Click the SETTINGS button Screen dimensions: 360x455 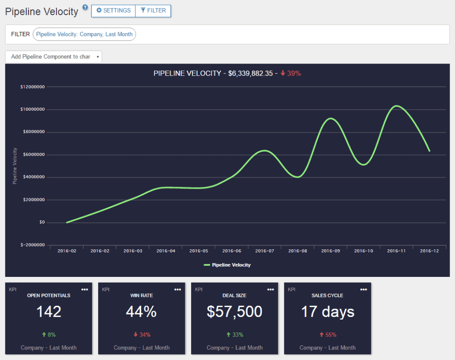click(x=113, y=11)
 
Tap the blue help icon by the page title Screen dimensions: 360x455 click(x=85, y=7)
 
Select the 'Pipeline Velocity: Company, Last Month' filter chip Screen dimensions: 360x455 click(x=84, y=34)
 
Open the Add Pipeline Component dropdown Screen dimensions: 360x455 click(x=53, y=57)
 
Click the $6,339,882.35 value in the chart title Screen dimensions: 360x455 click(x=251, y=73)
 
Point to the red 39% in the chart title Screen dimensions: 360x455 click(x=291, y=73)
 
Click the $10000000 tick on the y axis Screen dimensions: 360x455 click(x=32, y=109)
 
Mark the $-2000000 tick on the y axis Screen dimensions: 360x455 click(x=32, y=245)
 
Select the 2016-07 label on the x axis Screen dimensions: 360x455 click(x=265, y=251)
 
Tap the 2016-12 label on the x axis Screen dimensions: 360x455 click(x=429, y=251)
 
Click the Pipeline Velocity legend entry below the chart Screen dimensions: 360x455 click(x=227, y=265)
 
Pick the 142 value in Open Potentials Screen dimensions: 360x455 click(x=49, y=312)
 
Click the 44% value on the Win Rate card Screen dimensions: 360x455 click(x=141, y=312)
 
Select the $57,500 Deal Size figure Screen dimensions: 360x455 click(x=235, y=312)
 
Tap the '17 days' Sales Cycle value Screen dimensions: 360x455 click(x=327, y=312)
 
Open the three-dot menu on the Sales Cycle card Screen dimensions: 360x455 click(x=363, y=290)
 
